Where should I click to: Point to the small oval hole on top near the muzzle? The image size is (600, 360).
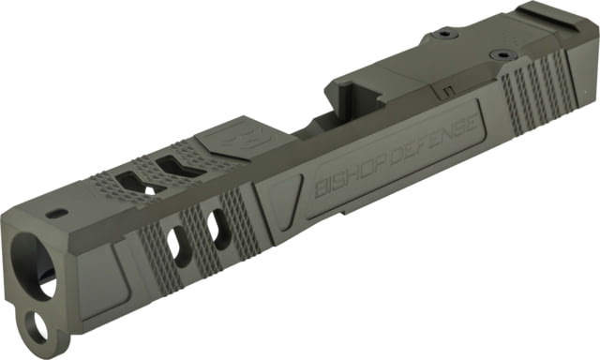coord(57,213)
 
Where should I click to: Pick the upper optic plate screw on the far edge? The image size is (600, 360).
coord(443,35)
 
